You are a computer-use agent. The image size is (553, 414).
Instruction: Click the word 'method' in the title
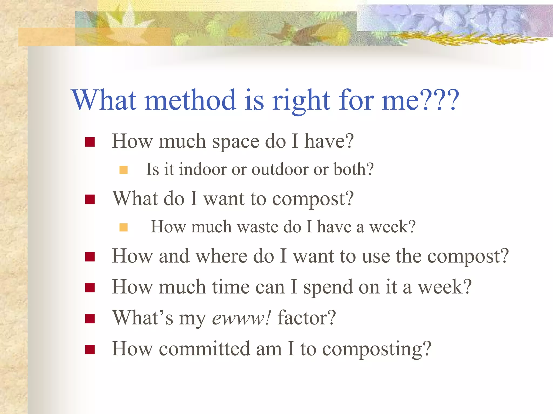coord(190,100)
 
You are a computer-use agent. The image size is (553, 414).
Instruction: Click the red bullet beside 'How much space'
coord(90,142)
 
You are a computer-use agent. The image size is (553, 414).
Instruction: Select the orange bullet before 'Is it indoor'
coord(123,170)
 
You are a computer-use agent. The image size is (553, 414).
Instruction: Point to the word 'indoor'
coord(203,170)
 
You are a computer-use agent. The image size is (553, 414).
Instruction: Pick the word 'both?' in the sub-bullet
coord(353,170)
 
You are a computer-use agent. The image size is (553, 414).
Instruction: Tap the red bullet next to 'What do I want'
coord(90,199)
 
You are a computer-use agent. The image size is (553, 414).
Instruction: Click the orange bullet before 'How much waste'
coord(123,227)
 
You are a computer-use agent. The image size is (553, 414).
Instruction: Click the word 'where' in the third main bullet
coord(221,256)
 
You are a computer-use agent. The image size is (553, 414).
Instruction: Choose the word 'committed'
coord(204,349)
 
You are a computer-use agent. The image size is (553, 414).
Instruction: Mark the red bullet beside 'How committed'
coord(90,350)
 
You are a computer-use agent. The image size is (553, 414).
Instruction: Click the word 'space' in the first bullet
coord(235,142)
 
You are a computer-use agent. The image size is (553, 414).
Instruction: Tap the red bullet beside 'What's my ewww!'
coord(90,319)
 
